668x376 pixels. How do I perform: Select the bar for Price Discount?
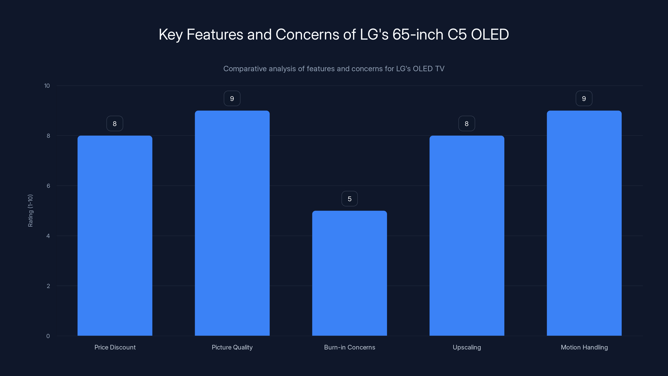115,236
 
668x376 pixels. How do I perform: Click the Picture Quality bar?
232,223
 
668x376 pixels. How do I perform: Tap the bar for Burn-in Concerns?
350,273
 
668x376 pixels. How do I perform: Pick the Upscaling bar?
467,236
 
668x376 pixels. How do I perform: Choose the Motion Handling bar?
584,223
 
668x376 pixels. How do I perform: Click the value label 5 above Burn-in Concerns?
350,199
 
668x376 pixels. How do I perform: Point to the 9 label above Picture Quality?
232,99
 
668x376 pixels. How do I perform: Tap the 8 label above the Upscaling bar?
467,123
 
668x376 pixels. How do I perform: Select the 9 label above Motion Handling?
584,99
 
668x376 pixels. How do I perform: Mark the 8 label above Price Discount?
115,123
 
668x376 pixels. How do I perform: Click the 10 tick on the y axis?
47,86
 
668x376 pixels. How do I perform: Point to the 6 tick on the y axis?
48,186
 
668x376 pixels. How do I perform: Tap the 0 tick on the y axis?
48,336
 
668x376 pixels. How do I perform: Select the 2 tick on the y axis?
48,286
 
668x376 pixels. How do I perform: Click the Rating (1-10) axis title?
30,210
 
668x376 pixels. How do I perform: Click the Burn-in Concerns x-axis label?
350,347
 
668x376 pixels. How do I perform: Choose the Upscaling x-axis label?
467,347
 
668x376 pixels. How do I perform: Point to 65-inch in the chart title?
418,34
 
